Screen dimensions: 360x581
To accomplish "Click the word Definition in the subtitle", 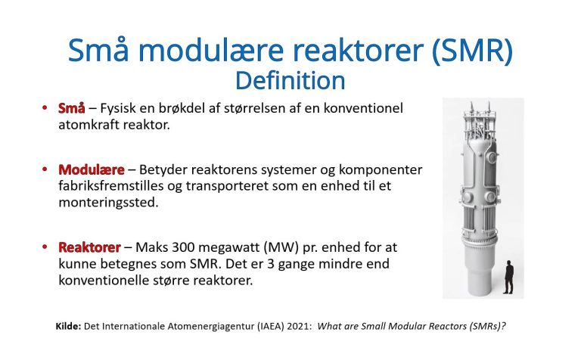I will click(290, 79).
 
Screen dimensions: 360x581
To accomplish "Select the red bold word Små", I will click(71, 108).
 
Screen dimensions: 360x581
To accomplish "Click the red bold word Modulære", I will click(91, 169).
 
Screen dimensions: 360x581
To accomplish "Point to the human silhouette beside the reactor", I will click(508, 277).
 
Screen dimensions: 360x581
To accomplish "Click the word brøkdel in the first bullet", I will click(197, 108).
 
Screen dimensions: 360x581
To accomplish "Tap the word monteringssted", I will click(107, 203).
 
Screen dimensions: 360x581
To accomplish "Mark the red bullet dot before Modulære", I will click(46, 169).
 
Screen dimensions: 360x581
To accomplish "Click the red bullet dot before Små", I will click(46, 108).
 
